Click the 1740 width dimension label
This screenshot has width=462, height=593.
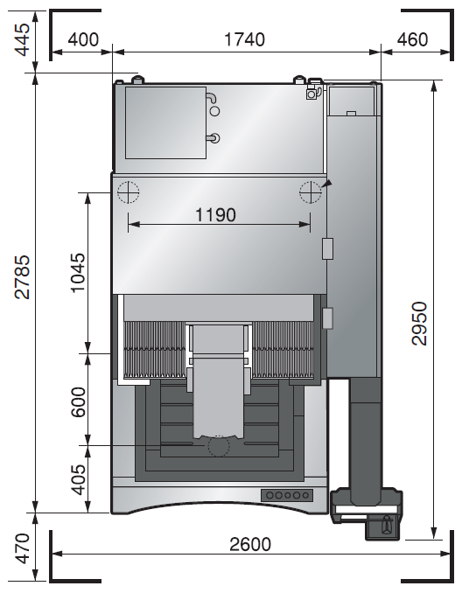pyautogui.click(x=244, y=39)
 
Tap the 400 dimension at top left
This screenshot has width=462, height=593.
pyautogui.click(x=83, y=39)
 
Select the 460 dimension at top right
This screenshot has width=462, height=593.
pyautogui.click(x=413, y=39)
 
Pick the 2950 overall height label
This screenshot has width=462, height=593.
pyautogui.click(x=419, y=324)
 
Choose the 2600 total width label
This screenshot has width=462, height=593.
pyautogui.click(x=250, y=545)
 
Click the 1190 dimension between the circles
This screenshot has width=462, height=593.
pyautogui.click(x=215, y=215)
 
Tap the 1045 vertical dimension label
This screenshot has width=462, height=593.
pyautogui.click(x=79, y=273)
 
